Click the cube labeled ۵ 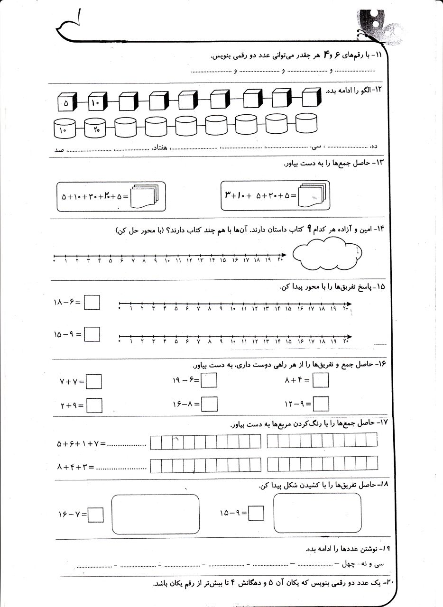point(66,102)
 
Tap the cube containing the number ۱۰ point(96,102)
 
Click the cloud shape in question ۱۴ point(327,255)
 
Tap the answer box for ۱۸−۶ point(92,302)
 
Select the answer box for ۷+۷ point(94,382)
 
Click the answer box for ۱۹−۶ point(209,381)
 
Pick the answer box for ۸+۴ point(321,380)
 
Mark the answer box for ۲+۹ point(94,405)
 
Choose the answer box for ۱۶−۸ point(209,404)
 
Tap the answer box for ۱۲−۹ point(321,404)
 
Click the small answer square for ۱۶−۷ point(96,514)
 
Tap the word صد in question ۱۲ point(59,150)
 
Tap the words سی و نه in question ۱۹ point(372,564)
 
